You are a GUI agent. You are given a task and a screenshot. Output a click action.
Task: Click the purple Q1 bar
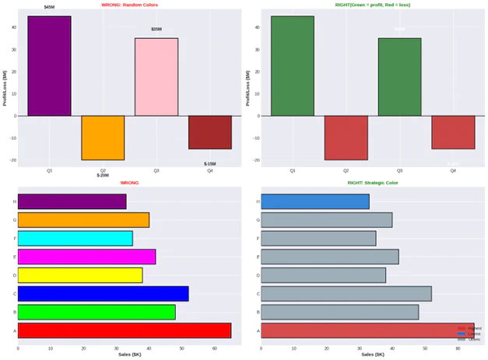(x=49, y=66)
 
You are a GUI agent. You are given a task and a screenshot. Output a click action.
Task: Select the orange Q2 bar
(x=103, y=138)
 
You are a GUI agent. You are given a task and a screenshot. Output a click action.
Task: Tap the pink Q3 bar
(x=156, y=77)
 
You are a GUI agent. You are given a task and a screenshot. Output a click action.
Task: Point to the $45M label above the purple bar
(x=49, y=7)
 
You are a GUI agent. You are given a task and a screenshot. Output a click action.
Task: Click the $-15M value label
(x=210, y=164)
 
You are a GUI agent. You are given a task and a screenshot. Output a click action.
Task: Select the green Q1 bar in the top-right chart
(x=293, y=66)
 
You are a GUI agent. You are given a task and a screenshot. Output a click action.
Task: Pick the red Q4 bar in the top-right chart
(x=453, y=132)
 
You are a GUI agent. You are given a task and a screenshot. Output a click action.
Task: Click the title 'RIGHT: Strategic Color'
(x=372, y=183)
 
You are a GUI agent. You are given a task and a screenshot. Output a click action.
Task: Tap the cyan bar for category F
(x=75, y=239)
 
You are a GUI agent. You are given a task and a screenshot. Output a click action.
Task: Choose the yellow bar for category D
(x=79, y=275)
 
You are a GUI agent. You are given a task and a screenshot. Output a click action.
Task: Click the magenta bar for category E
(x=86, y=257)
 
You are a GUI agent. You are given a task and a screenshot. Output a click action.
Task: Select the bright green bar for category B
(x=97, y=312)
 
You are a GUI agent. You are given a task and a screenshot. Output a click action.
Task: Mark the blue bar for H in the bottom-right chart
(x=314, y=201)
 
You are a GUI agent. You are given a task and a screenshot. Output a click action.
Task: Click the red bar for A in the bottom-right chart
(x=366, y=330)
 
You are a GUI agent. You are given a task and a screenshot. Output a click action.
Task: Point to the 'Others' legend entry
(x=474, y=340)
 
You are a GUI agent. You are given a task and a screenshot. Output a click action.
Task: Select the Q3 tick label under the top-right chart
(x=399, y=170)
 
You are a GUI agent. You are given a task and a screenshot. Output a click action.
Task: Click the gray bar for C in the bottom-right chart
(x=346, y=294)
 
